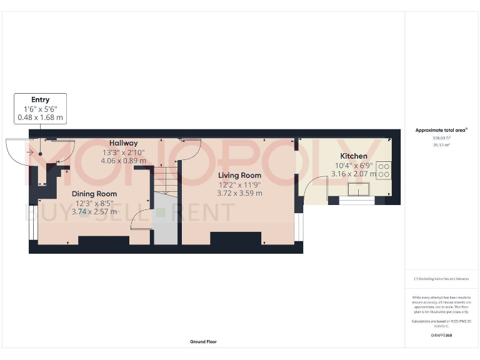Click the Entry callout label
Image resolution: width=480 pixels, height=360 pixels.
coord(41,99)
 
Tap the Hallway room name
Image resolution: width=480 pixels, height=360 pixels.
coord(124,143)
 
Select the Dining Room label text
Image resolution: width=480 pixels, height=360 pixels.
coord(94,194)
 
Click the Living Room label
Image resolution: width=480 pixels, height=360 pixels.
coord(239,175)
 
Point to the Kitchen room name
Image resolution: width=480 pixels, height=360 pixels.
coord(354,156)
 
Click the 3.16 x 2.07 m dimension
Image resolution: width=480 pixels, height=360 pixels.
coord(354,174)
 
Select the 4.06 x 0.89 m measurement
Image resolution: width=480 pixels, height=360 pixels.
coord(124,161)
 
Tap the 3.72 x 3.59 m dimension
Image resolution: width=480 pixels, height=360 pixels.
coord(239,193)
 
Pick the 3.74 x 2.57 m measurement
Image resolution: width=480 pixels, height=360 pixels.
coord(94,212)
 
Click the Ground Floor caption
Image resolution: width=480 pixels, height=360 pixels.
coord(204,342)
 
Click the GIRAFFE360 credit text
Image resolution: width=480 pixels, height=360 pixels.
coord(441,336)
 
